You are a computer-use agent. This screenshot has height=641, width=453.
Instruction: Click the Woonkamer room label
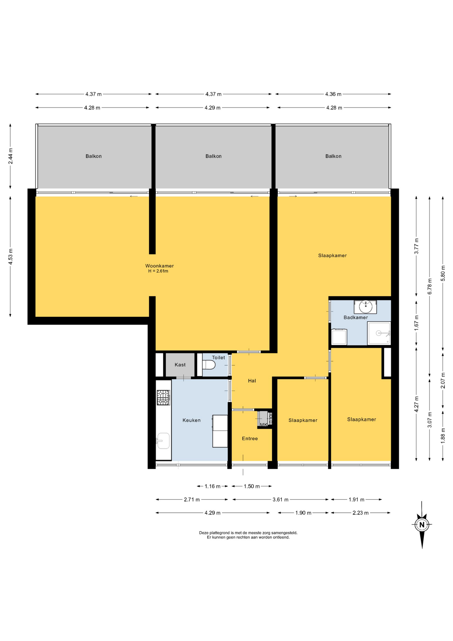point(159,266)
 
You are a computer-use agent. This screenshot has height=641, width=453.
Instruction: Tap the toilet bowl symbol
point(208,365)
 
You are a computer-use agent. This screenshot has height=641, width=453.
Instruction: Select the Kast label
point(180,365)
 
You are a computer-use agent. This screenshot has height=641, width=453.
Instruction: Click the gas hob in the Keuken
point(163,398)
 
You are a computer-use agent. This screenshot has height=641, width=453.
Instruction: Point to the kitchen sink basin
point(163,441)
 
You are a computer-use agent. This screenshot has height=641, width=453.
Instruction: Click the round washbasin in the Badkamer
point(366,306)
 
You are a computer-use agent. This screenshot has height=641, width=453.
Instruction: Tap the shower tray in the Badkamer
point(379,333)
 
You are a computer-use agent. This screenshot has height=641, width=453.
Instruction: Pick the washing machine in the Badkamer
point(339,337)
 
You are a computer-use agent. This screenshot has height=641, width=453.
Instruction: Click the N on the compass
point(422,524)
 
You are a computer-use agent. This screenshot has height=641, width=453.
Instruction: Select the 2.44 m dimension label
point(10,156)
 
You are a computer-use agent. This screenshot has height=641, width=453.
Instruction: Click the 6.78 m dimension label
point(430,286)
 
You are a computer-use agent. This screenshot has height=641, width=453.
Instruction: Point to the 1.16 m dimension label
point(212,486)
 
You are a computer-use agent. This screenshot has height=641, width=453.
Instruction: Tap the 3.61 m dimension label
point(281,499)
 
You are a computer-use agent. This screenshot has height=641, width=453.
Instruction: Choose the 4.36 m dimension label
point(333,94)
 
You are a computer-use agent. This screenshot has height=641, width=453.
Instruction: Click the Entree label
point(250,438)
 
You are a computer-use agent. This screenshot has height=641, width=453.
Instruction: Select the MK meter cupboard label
point(264,425)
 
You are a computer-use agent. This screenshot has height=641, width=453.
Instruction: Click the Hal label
point(252,381)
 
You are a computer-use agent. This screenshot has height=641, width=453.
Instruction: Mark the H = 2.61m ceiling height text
point(158,271)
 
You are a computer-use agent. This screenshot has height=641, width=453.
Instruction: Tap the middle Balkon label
point(213,156)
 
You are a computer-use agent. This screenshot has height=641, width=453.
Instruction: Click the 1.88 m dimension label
point(443,436)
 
